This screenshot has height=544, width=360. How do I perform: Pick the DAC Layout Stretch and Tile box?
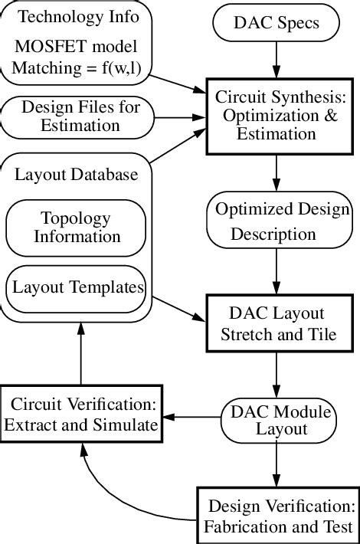(277, 323)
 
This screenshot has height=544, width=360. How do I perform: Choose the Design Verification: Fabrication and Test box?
(280, 516)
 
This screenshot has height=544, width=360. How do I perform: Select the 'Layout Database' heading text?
(77, 175)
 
